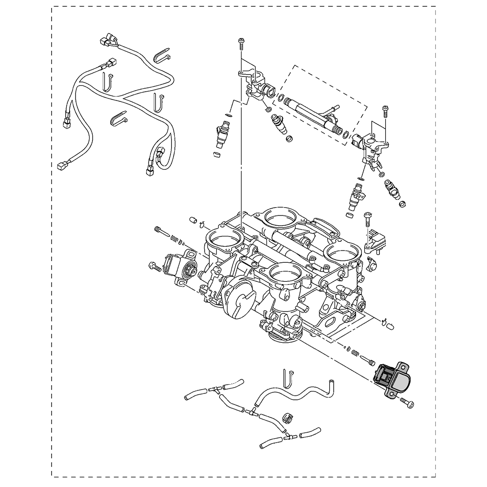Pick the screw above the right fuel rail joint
385,111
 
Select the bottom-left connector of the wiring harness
62,166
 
